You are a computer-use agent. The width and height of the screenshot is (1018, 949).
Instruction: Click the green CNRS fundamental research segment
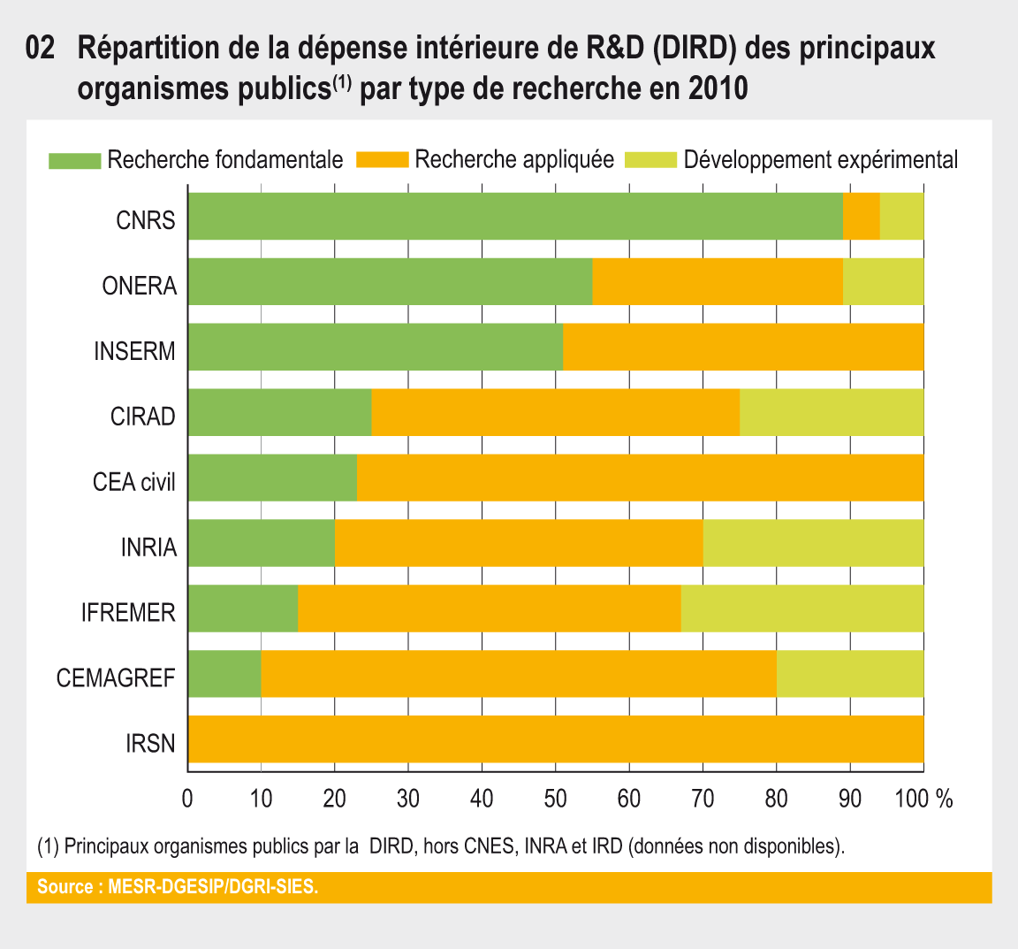click(x=515, y=217)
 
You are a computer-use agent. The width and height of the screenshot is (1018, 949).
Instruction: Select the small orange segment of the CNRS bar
click(x=861, y=217)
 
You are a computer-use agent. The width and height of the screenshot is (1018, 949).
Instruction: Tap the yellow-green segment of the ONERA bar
click(x=883, y=282)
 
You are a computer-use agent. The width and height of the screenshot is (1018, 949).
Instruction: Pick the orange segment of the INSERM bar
click(x=743, y=347)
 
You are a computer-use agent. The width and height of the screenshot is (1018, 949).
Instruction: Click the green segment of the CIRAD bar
click(x=279, y=412)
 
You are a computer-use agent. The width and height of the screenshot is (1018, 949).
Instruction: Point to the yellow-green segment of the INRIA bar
click(x=813, y=543)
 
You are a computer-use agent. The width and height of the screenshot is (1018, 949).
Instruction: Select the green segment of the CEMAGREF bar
click(x=224, y=674)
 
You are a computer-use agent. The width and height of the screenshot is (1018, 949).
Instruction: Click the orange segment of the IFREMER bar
click(x=489, y=608)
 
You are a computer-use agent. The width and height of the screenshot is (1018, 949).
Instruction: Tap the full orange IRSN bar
click(x=556, y=739)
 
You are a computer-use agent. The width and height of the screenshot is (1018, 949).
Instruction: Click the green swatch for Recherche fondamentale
click(x=74, y=160)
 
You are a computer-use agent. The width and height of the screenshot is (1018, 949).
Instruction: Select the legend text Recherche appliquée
click(x=514, y=160)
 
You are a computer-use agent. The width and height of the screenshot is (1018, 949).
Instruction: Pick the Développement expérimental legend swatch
click(x=650, y=160)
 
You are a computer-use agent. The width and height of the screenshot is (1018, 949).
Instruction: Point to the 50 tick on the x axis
click(x=555, y=799)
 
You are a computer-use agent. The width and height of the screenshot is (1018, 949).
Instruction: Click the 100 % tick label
click(x=923, y=799)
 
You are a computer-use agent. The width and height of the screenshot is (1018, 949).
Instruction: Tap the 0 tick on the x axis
click(x=187, y=799)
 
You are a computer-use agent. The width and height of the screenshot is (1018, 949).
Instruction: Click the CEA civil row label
click(x=134, y=482)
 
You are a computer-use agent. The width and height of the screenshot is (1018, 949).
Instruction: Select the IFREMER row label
click(x=128, y=613)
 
